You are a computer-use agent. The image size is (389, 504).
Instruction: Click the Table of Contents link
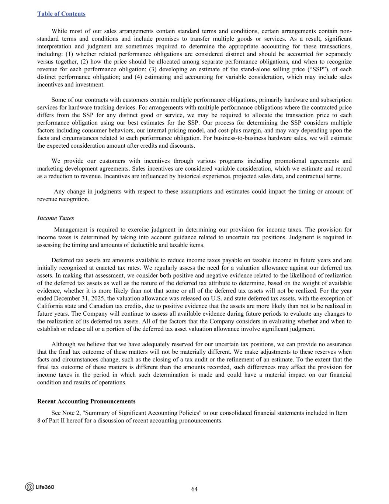[61, 14]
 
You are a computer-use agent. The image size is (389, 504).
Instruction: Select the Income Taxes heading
[55, 218]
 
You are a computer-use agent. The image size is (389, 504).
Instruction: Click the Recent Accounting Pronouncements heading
[86, 401]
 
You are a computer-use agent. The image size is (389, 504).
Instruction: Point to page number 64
[194, 489]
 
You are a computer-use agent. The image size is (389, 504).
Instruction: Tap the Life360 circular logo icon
[29, 487]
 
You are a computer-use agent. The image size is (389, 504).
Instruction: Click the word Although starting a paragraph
[63, 344]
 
